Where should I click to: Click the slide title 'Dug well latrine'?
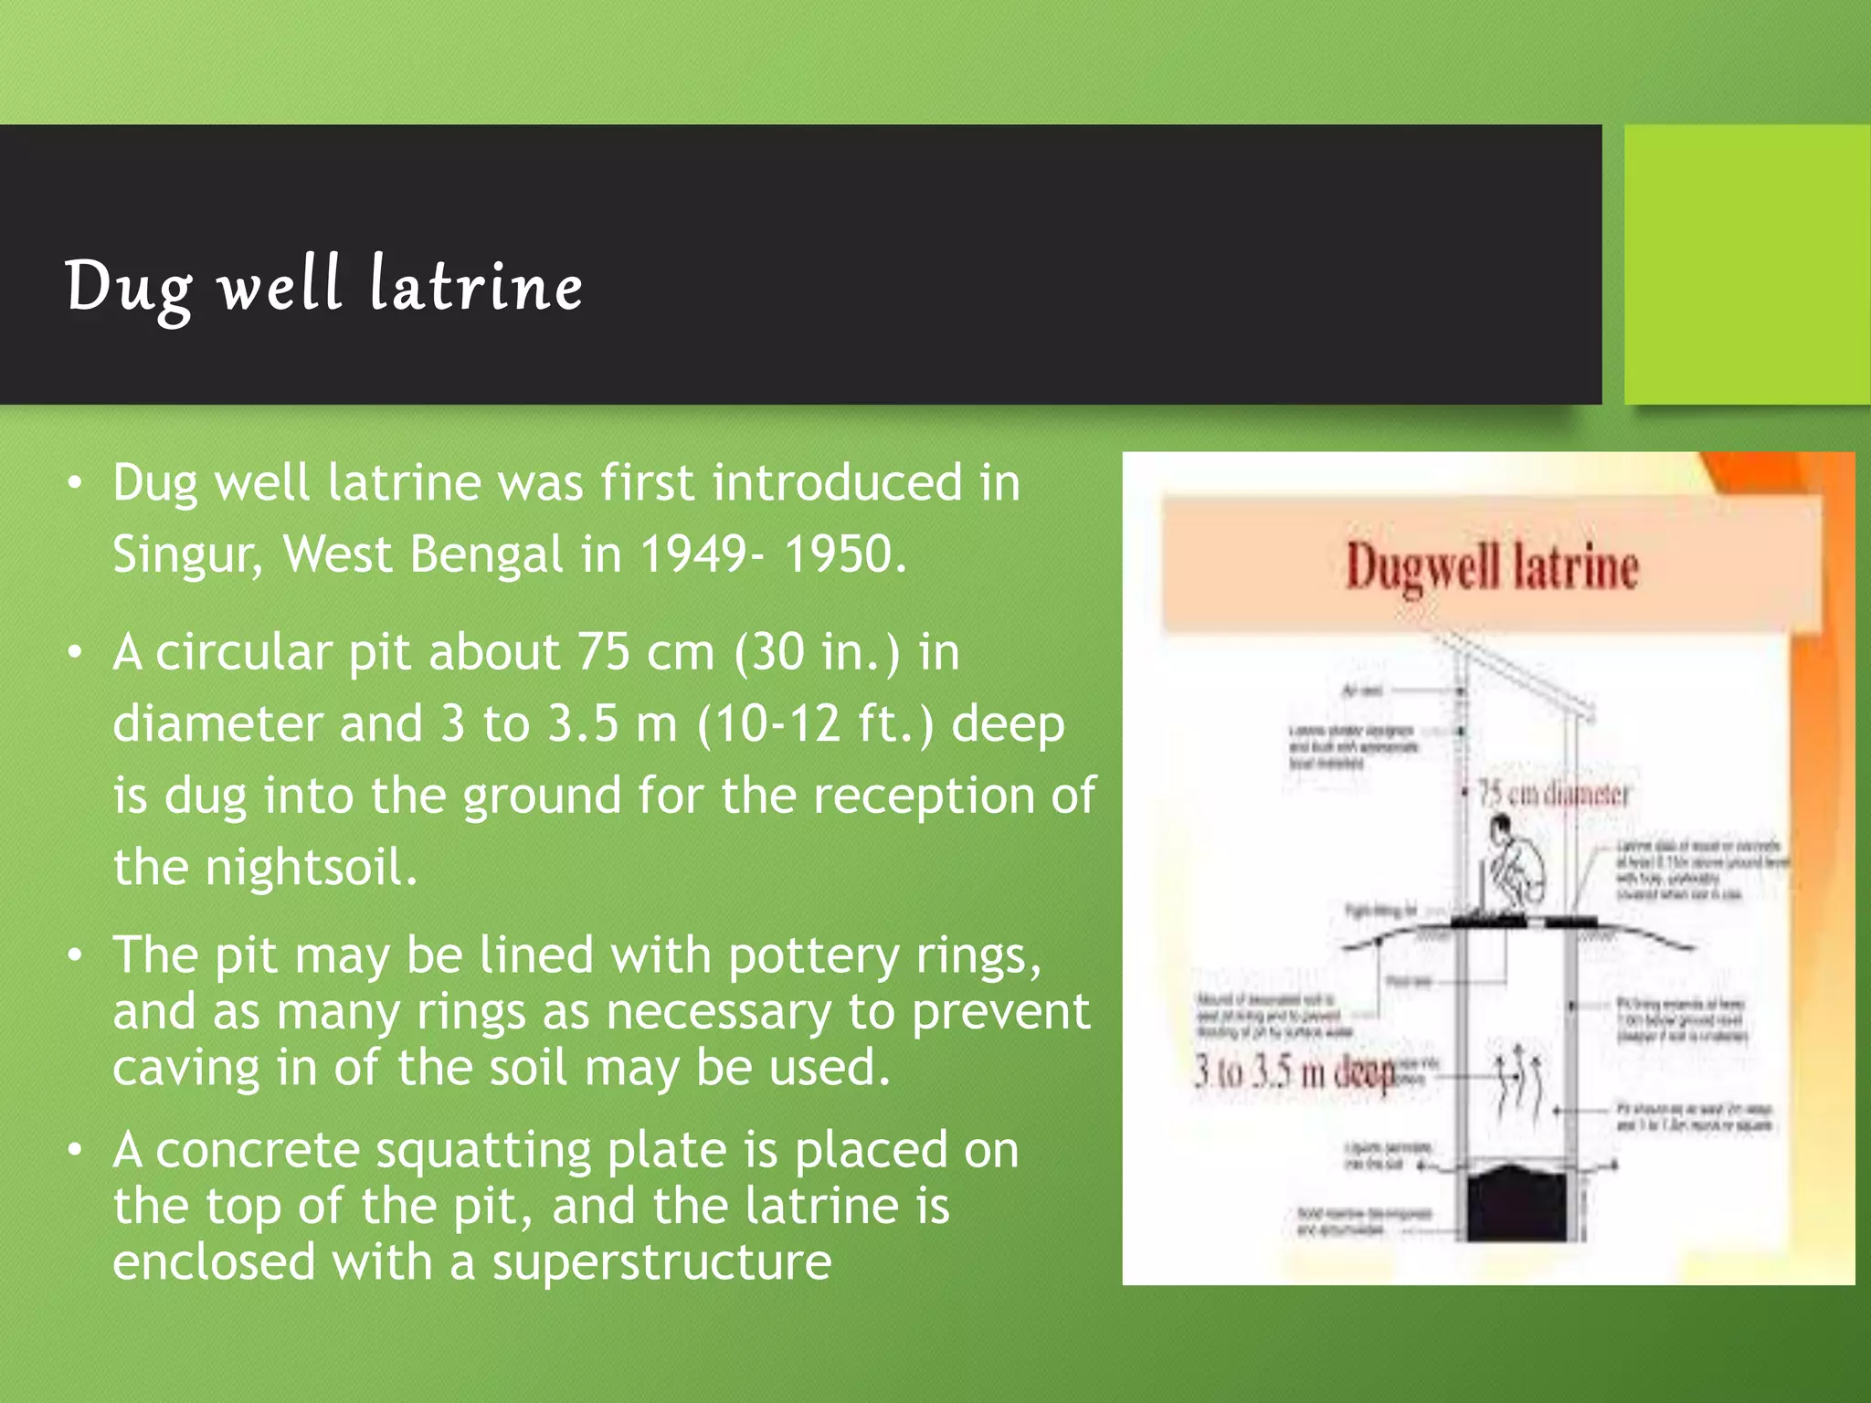(323, 285)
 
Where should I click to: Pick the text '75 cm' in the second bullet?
(645, 652)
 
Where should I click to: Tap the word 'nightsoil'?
(311, 867)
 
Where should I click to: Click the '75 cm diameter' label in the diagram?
(1553, 794)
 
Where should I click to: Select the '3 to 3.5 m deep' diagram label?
(1294, 1072)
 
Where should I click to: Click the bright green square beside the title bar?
(1746, 264)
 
